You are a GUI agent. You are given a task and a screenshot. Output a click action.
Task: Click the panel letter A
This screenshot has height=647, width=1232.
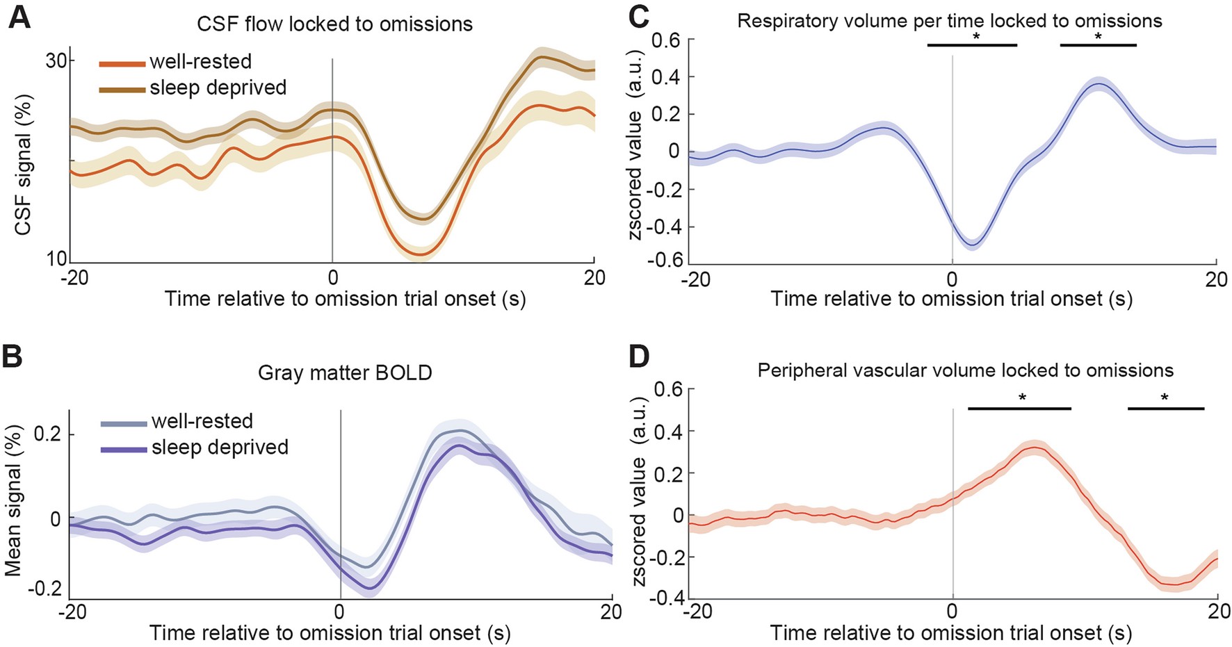coord(19,17)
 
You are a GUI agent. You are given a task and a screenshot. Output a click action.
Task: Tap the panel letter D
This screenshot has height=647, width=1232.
coord(638,357)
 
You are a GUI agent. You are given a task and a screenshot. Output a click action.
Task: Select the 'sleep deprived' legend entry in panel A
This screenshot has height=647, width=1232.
coord(218,88)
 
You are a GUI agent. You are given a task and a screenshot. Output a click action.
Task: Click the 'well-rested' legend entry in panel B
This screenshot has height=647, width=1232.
coord(202,421)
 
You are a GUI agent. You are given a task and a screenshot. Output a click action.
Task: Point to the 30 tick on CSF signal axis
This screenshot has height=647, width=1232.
coord(56,60)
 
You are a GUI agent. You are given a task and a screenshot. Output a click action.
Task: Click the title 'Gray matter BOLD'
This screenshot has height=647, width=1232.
coord(345,372)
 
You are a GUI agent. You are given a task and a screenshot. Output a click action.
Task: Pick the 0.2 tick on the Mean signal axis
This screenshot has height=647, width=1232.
coord(47,434)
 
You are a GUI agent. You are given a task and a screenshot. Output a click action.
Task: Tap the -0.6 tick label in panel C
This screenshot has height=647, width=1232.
coord(665,259)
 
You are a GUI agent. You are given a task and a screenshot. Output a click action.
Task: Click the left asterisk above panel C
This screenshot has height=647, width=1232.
coord(976,37)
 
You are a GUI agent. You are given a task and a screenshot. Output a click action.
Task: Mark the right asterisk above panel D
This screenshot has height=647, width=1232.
coord(1165,398)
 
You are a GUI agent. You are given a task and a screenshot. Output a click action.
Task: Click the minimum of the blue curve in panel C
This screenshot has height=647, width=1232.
coord(973,245)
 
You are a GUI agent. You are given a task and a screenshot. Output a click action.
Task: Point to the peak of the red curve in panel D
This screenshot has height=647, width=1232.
coord(1034,448)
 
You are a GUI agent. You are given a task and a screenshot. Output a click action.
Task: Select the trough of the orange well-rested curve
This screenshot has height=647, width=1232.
coord(419,254)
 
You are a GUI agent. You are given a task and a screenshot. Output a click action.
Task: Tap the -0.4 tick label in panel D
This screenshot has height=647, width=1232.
coord(665,598)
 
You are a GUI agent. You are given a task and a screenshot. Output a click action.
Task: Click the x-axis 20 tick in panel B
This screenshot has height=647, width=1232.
coord(611,612)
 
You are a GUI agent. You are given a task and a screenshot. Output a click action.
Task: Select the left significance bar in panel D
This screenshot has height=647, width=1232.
coord(1019,408)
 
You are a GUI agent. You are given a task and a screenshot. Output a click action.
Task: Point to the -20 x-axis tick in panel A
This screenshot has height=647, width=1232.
coord(74,278)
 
